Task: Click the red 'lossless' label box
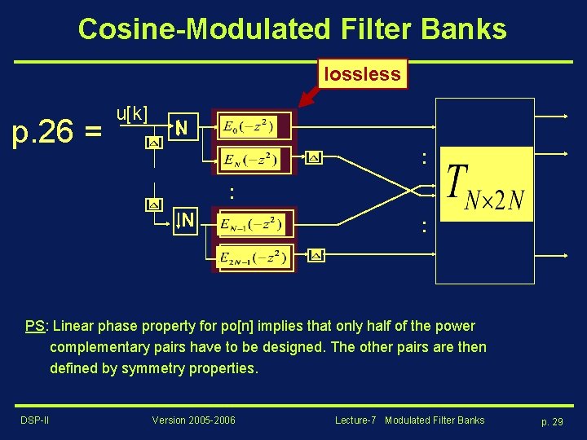point(362,74)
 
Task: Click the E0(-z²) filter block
point(248,127)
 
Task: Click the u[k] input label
point(132,113)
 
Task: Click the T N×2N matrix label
point(485,185)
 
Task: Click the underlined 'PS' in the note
point(34,326)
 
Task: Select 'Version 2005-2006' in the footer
point(193,420)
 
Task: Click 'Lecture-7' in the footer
point(355,420)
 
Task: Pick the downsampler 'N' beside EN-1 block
point(186,220)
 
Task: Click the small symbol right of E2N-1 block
point(316,256)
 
